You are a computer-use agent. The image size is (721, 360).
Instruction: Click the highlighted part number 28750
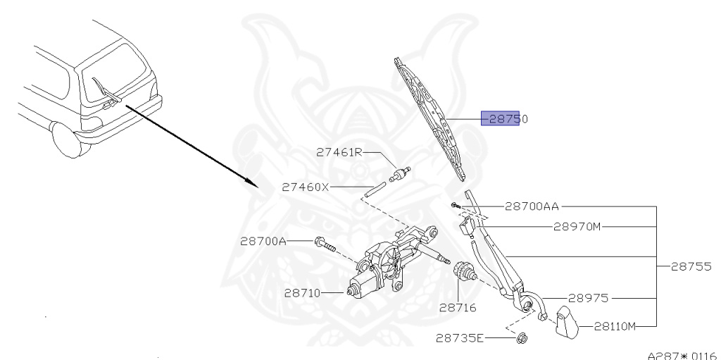click(505, 119)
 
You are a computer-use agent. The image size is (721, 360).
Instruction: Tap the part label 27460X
click(305, 187)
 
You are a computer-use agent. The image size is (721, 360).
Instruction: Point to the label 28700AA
click(532, 206)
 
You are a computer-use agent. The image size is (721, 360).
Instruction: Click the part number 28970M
click(577, 227)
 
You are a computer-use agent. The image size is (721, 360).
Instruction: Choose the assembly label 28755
click(689, 267)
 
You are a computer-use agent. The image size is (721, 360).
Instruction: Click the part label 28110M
click(615, 326)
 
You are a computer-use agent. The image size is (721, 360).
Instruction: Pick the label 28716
click(457, 307)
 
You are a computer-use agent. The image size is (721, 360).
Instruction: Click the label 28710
click(303, 292)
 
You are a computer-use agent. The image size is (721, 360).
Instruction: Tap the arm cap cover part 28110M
click(565, 323)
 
